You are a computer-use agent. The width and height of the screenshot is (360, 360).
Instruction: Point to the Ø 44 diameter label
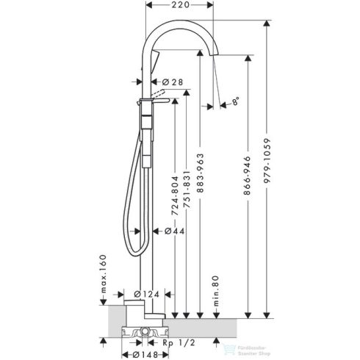tap(172, 231)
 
